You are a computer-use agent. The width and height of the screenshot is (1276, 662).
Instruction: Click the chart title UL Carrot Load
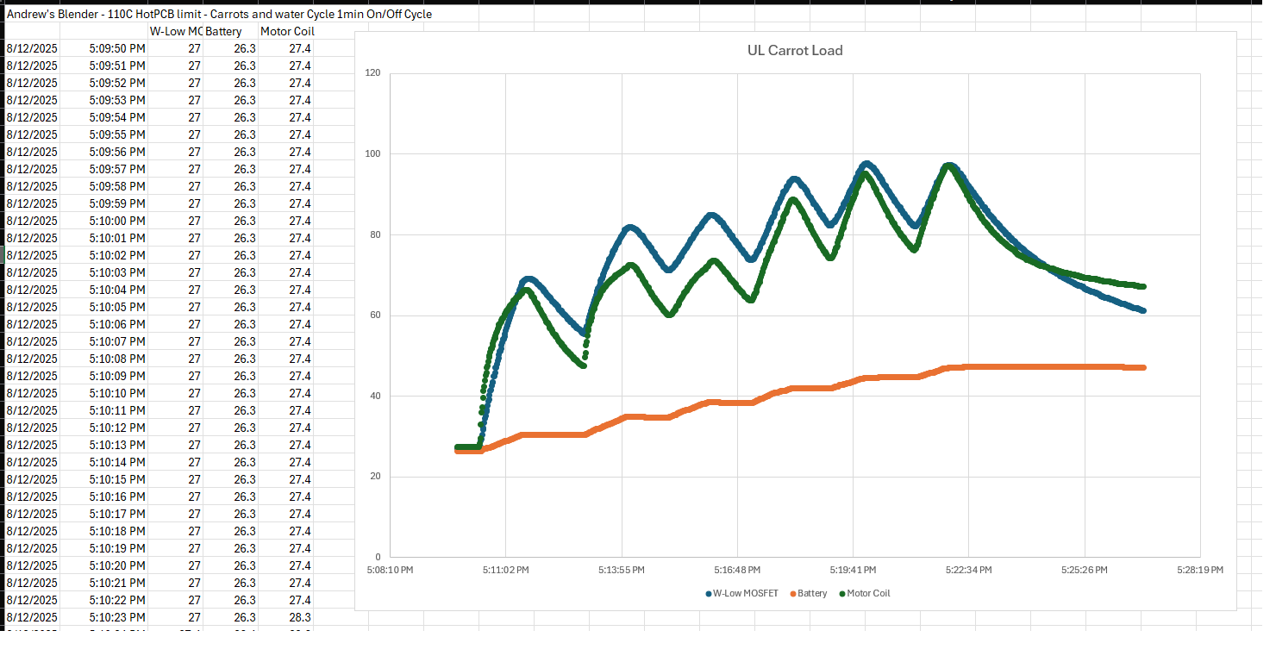tap(794, 50)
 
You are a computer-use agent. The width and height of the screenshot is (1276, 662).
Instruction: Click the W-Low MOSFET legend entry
tap(746, 593)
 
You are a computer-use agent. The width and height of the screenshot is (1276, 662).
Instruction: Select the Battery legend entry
tap(811, 593)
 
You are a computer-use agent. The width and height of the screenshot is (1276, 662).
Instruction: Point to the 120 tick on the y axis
tap(372, 72)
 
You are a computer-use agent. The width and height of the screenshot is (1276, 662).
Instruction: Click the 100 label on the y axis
tap(372, 153)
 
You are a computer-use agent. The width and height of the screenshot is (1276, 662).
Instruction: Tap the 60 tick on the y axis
tap(374, 315)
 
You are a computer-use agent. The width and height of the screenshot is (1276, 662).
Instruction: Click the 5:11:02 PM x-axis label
tap(504, 570)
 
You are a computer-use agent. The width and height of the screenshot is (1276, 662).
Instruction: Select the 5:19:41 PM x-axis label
tap(853, 570)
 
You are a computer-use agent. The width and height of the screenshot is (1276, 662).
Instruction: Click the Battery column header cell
tap(224, 31)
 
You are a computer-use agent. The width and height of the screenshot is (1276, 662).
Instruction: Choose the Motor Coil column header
tap(287, 31)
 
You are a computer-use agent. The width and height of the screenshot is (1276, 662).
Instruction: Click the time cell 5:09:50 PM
tap(116, 48)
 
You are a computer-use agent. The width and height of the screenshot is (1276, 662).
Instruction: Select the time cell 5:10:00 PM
tap(116, 221)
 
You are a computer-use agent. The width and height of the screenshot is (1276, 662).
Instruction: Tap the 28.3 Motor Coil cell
tap(299, 617)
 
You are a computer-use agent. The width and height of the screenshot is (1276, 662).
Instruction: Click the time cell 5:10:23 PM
tap(116, 617)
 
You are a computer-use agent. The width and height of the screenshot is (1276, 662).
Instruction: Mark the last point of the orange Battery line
tap(1142, 367)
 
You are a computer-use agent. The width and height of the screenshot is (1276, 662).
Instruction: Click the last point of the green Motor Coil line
tap(1142, 286)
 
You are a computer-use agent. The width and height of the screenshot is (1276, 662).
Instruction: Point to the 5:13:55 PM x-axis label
tap(622, 570)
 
